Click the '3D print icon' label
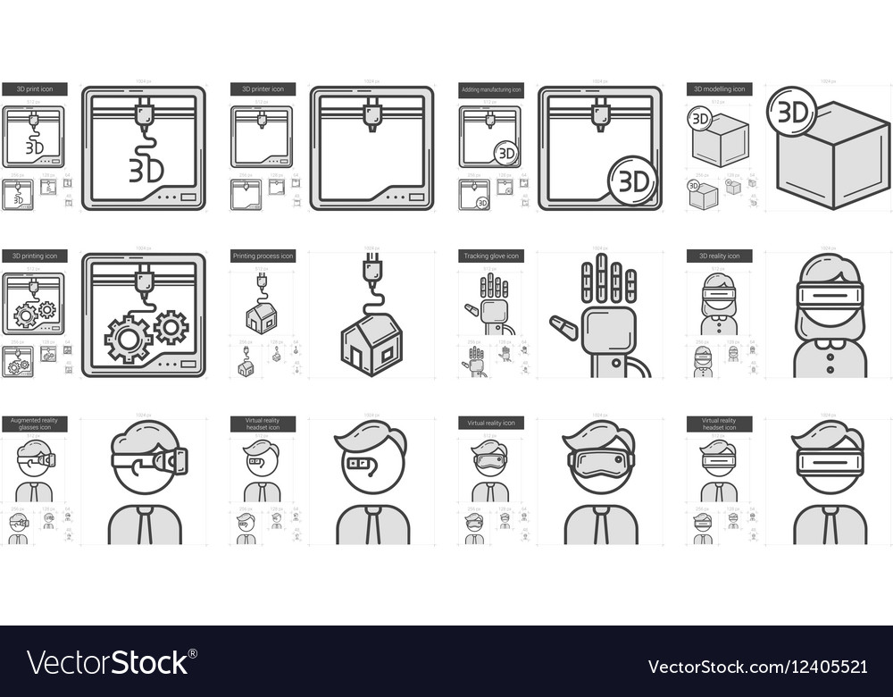pos(34,89)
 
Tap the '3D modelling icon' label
pos(720,89)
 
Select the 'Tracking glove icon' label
pos(491,256)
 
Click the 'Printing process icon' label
pos(263,256)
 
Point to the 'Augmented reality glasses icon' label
pos(34,424)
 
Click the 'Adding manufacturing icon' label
pos(491,89)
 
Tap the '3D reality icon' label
pos(720,256)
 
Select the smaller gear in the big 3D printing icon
pos(171,327)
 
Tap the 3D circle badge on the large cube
pos(792,112)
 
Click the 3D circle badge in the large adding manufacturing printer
pos(633,181)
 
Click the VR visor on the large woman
pos(830,296)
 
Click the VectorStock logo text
pos(107,662)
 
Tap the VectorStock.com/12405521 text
pos(756,667)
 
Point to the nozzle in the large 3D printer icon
pos(371,117)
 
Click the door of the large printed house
pos(357,359)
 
